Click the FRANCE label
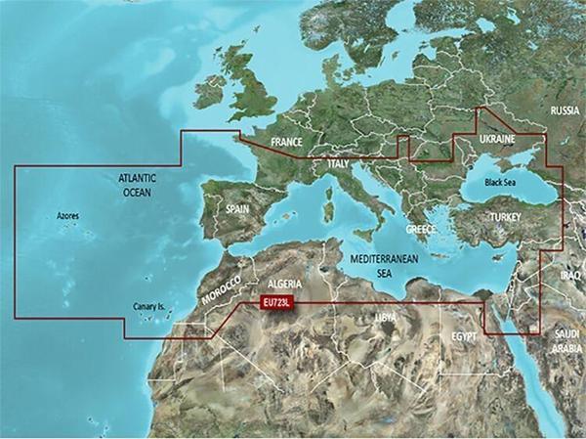286,143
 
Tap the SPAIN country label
237,209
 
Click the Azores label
67,215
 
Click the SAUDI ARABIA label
566,340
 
